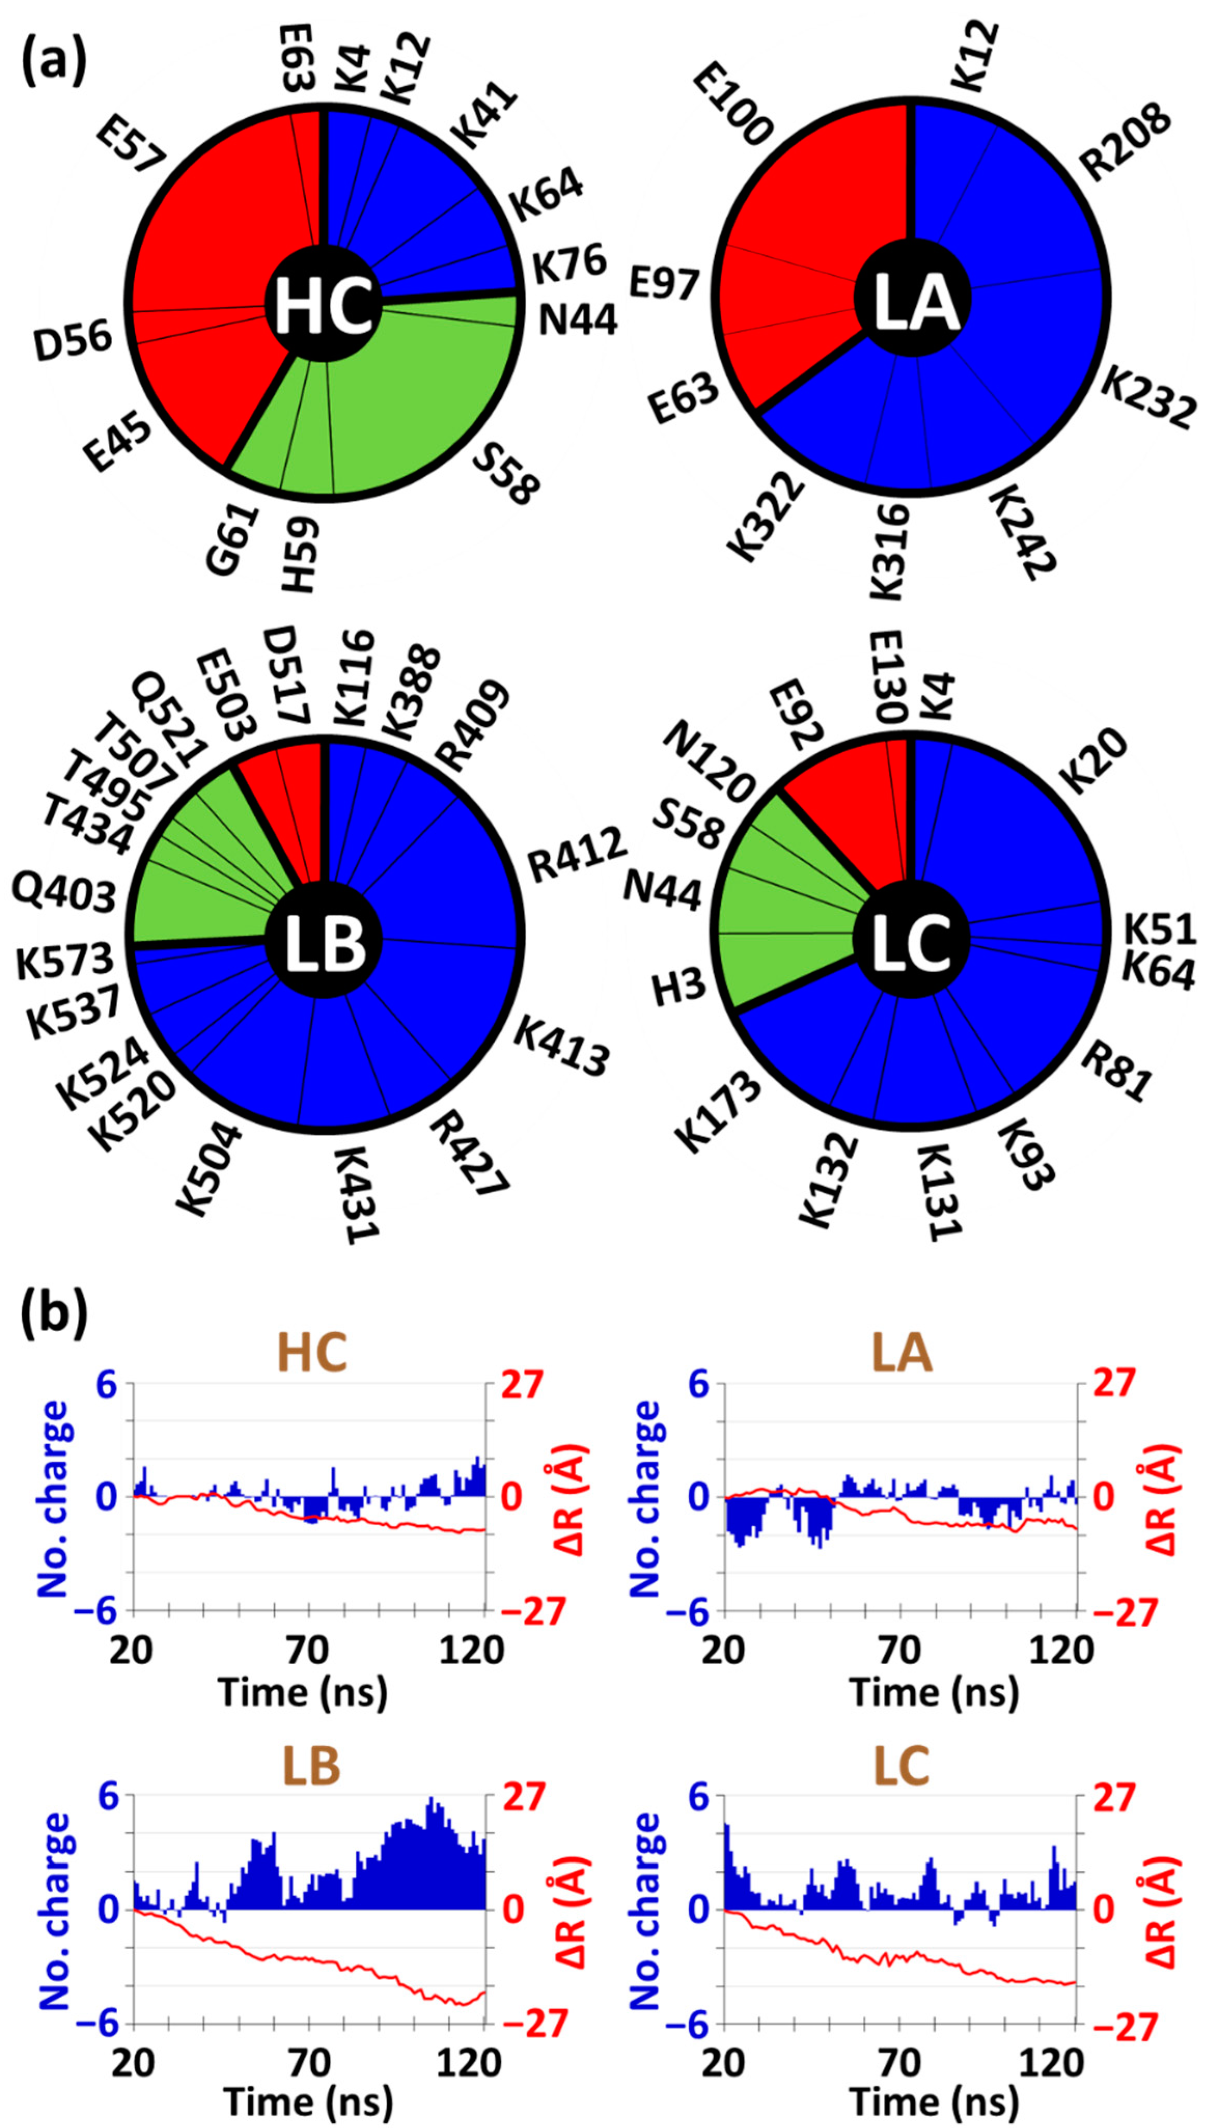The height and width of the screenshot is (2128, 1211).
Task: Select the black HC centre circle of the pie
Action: (323, 305)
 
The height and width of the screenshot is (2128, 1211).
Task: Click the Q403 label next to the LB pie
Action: (63, 894)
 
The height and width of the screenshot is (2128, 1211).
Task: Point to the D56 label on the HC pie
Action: (73, 342)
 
